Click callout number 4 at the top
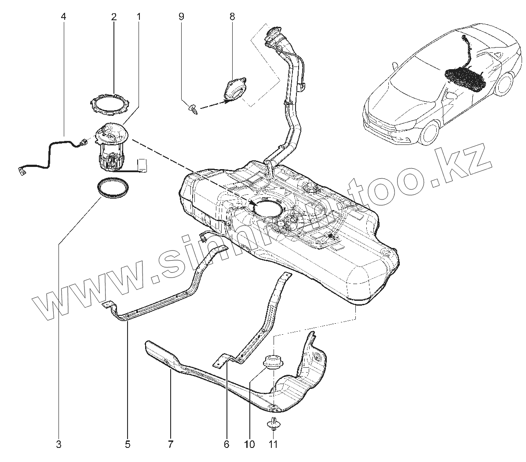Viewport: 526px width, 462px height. coord(63,17)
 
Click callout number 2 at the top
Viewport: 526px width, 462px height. coord(114,17)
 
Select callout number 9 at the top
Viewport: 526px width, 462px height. coord(181,17)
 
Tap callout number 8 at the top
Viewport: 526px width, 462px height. coord(232,17)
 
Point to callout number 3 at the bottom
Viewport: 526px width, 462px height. coord(58,444)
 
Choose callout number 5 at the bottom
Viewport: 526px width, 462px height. coord(128,444)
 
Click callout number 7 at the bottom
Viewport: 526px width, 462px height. coord(170,444)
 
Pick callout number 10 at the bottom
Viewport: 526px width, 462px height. coord(249,444)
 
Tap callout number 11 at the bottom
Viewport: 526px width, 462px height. coord(273,444)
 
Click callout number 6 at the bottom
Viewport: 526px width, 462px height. coord(226,444)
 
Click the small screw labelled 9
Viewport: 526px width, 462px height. coord(193,108)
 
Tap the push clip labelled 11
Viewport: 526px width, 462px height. coord(273,424)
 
